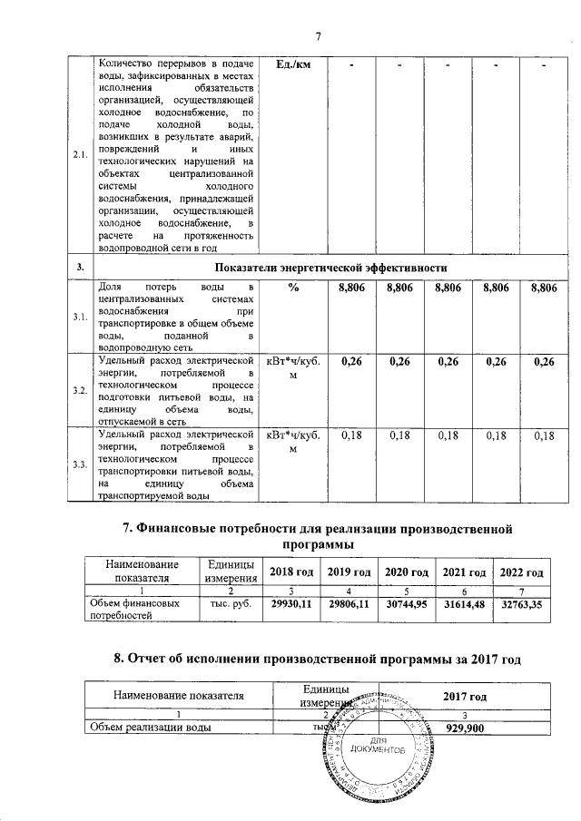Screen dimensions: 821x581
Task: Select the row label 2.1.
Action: pos(80,154)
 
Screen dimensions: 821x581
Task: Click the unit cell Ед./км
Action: pos(292,65)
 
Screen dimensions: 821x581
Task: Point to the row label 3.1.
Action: pos(80,317)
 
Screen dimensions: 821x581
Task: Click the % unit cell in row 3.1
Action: pos(292,288)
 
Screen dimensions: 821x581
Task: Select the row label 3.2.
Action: pos(80,390)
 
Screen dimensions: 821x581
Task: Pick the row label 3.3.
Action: pos(80,464)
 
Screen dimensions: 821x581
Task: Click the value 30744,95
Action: pos(406,602)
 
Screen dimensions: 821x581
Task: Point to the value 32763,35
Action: pos(523,602)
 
